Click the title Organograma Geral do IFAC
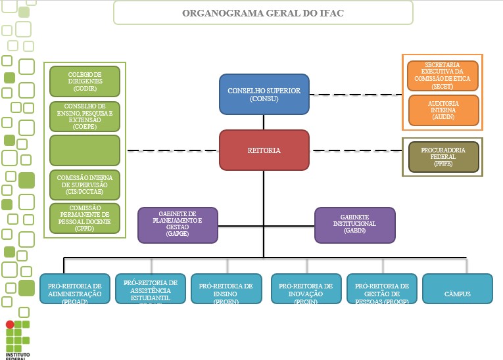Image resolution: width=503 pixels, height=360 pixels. pyautogui.click(x=263, y=13)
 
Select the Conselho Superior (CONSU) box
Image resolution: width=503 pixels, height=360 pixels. pyautogui.click(x=264, y=95)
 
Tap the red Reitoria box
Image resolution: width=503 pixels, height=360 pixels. pyautogui.click(x=264, y=150)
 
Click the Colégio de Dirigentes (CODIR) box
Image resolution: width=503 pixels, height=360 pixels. pyautogui.click(x=85, y=81)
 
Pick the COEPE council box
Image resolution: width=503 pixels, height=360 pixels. pyautogui.click(x=85, y=116)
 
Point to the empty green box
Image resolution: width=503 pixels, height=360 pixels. pyautogui.click(x=85, y=150)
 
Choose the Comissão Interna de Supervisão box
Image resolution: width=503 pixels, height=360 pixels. pyautogui.click(x=85, y=185)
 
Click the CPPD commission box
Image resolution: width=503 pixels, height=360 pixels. pyautogui.click(x=85, y=218)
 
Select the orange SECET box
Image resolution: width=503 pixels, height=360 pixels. pyautogui.click(x=443, y=76)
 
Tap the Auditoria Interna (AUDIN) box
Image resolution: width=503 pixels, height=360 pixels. pyautogui.click(x=443, y=110)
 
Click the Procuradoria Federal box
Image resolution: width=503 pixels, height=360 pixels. pyautogui.click(x=443, y=157)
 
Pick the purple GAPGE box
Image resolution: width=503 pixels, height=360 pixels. pyautogui.click(x=178, y=224)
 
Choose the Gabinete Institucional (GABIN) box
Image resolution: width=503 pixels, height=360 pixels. pyautogui.click(x=354, y=224)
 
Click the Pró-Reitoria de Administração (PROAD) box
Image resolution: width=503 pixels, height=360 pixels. pyautogui.click(x=74, y=289)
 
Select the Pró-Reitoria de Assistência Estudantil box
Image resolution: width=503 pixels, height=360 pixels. pyautogui.click(x=150, y=289)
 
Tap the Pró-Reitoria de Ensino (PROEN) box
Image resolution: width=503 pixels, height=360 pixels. pyautogui.click(x=226, y=289)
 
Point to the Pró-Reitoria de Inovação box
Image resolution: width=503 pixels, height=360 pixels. pyautogui.click(x=306, y=289)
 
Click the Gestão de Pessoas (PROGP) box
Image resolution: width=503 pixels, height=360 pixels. pyautogui.click(x=381, y=289)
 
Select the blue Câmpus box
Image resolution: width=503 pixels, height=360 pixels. pyautogui.click(x=457, y=289)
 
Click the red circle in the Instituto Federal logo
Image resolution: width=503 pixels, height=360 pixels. pyautogui.click(x=9, y=325)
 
